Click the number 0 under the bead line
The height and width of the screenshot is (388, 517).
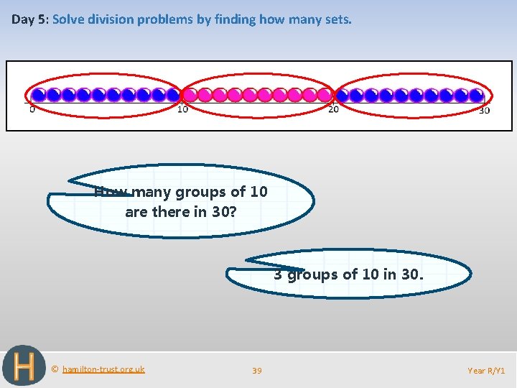click(32, 110)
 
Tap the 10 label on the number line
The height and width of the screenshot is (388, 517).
click(183, 109)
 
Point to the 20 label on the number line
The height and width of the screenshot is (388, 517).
click(334, 109)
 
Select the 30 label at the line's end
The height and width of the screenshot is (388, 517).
click(485, 110)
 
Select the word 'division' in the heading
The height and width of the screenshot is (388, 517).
click(109, 19)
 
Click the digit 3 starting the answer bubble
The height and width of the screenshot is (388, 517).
click(278, 274)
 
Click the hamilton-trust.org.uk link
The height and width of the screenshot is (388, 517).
click(103, 369)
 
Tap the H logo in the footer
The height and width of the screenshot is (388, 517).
click(23, 366)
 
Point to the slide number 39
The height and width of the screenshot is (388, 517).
click(257, 371)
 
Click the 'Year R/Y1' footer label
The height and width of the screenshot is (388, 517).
click(486, 371)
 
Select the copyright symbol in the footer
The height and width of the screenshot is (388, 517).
click(55, 369)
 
